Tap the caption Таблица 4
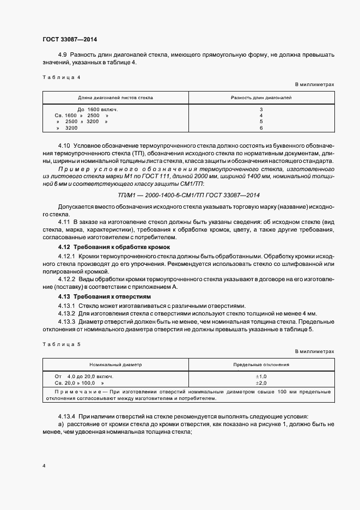point(61,77)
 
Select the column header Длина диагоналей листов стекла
point(115,98)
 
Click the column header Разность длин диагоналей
point(261,98)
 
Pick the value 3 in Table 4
point(261,110)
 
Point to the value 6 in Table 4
point(261,127)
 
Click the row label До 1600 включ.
point(97,110)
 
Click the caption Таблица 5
point(61,344)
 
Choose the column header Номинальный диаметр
point(115,365)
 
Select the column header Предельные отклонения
point(261,365)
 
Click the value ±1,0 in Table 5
point(261,377)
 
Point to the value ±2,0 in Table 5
point(261,382)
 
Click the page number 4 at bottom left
point(44,466)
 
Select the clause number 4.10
point(64,147)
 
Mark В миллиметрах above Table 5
point(314,351)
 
